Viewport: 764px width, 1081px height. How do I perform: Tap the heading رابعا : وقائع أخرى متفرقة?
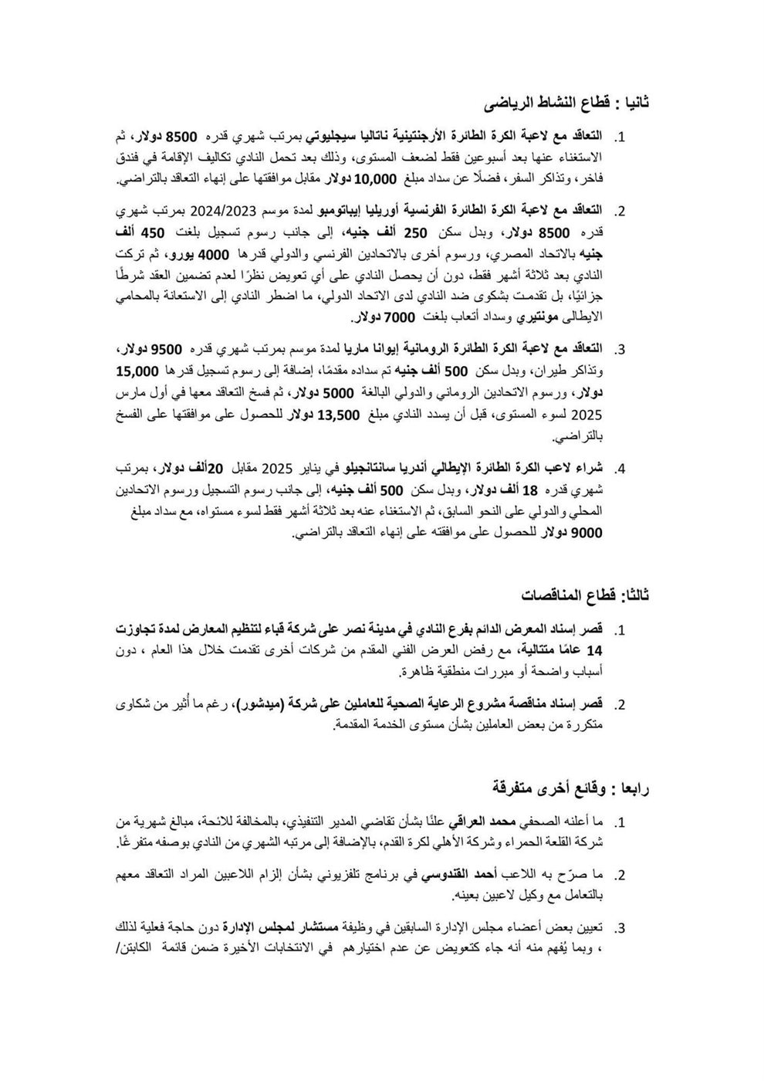pyautogui.click(x=573, y=788)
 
